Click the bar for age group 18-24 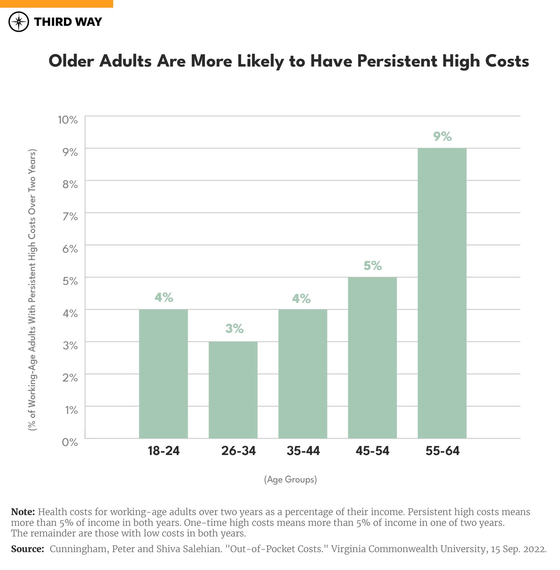[163, 374]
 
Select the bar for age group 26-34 [233, 390]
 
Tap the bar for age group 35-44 [303, 374]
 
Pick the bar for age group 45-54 [372, 358]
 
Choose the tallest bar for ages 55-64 [442, 293]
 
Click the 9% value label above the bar [442, 136]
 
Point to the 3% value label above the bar [234, 329]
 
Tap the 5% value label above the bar [373, 266]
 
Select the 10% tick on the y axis [68, 120]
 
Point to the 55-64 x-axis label [442, 451]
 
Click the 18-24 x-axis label [163, 451]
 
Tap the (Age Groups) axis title [290, 480]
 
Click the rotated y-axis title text [33, 290]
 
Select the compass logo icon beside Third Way [19, 22]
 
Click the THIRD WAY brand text [68, 22]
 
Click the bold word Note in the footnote [23, 512]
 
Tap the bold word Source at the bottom [27, 549]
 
